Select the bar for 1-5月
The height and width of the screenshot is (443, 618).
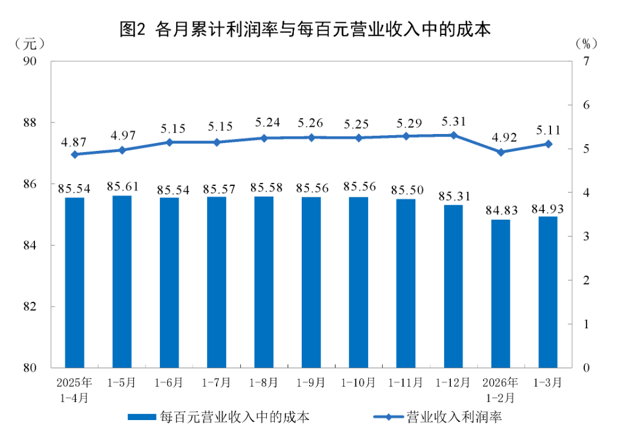point(122,281)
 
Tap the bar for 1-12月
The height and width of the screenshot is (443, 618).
point(453,286)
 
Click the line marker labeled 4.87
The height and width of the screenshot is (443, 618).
point(75,155)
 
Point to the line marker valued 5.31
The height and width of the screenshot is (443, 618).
point(454,135)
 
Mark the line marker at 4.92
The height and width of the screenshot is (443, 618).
point(501,152)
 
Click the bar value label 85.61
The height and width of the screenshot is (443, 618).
point(123,186)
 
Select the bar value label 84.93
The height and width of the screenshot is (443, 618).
point(548,209)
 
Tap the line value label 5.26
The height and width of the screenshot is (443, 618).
point(311,124)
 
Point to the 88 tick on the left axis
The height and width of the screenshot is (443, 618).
point(30,123)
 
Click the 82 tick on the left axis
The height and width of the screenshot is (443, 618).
point(30,307)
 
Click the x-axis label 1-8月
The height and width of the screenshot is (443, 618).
point(264,383)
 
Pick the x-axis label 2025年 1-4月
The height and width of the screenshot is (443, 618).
point(75,390)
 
